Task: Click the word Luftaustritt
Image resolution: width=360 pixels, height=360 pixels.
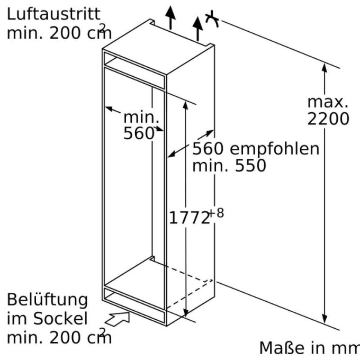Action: point(53,14)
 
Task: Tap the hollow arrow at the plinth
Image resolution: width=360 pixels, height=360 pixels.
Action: point(118,319)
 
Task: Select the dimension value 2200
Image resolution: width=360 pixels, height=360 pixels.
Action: point(328,119)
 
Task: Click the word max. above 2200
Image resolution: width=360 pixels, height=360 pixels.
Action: point(328,102)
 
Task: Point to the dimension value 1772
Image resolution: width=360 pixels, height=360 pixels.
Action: point(189,218)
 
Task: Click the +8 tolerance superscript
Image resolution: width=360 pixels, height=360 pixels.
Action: point(217,213)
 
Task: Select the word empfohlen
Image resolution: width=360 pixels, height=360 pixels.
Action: point(275,149)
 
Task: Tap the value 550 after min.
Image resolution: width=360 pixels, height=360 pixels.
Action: point(250,166)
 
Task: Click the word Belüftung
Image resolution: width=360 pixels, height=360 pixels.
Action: point(47,300)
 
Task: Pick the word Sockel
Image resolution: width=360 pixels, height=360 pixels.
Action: point(60,319)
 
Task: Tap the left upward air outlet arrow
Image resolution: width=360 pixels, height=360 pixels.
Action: point(170,17)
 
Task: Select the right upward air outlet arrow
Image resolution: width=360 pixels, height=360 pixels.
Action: point(197,29)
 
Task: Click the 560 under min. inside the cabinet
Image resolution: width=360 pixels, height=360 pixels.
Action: point(139,133)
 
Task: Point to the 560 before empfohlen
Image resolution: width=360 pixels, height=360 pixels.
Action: point(208,149)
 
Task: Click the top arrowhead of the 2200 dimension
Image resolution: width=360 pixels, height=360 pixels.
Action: point(324,68)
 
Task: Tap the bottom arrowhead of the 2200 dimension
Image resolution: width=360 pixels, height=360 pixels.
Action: point(324,319)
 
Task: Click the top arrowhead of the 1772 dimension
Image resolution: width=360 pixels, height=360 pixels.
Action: point(185,105)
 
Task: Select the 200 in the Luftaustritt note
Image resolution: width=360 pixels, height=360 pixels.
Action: point(65,33)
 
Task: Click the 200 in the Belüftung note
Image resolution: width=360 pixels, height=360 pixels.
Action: point(65,338)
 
